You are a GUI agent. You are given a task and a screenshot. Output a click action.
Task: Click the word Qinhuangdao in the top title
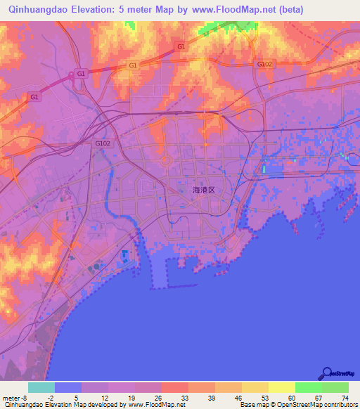(x=34, y=9)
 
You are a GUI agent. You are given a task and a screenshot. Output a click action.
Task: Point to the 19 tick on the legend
(x=135, y=397)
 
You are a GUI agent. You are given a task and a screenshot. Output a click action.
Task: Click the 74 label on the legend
(x=345, y=397)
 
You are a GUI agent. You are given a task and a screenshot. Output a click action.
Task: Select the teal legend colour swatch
(x=41, y=387)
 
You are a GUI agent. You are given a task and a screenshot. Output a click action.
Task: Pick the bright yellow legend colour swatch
(x=281, y=387)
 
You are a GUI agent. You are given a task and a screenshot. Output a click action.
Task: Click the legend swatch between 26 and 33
(x=174, y=387)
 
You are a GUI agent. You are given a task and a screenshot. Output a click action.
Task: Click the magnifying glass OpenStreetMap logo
(x=326, y=372)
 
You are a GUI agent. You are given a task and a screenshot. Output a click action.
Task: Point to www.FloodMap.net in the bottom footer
(x=154, y=405)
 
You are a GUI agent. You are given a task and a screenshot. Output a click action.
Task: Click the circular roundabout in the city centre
(x=166, y=161)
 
